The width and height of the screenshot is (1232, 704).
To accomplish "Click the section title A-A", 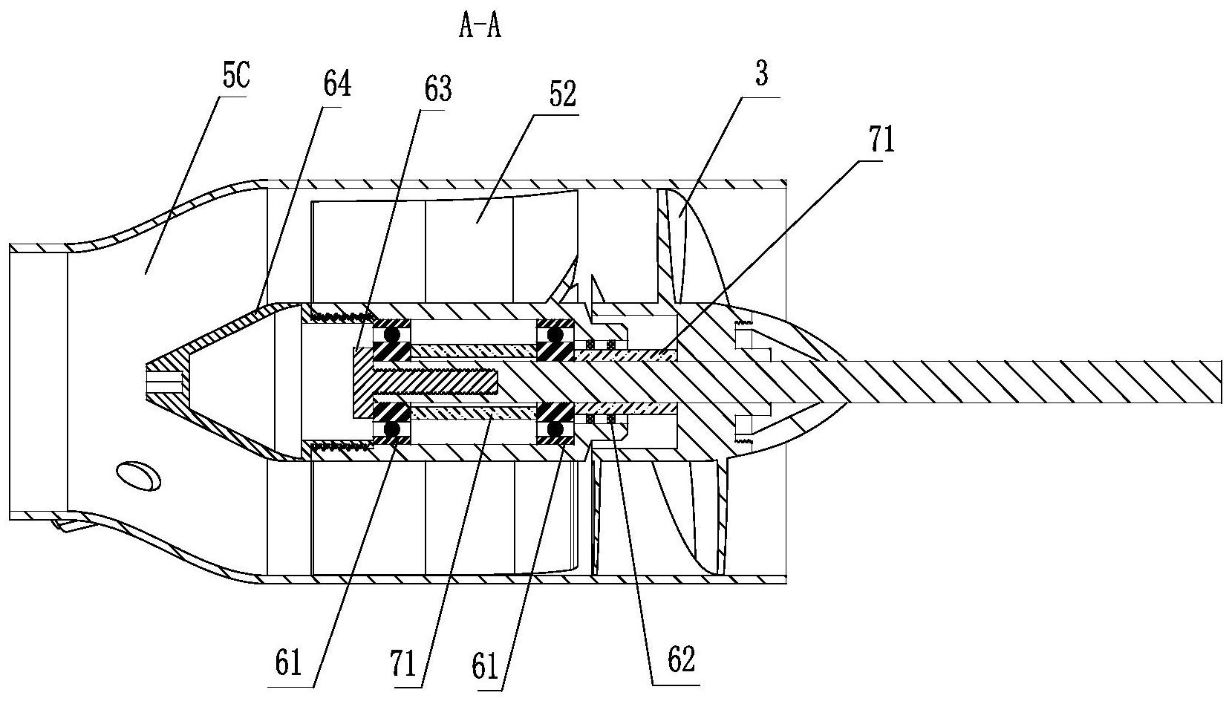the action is [x=480, y=27].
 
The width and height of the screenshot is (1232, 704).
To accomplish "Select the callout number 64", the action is [x=336, y=85].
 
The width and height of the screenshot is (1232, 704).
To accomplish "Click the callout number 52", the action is [x=562, y=94].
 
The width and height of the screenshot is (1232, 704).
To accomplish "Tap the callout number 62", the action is [x=682, y=659].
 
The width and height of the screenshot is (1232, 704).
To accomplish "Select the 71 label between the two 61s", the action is [x=403, y=664].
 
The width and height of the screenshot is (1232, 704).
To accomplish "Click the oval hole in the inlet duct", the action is [x=138, y=475].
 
